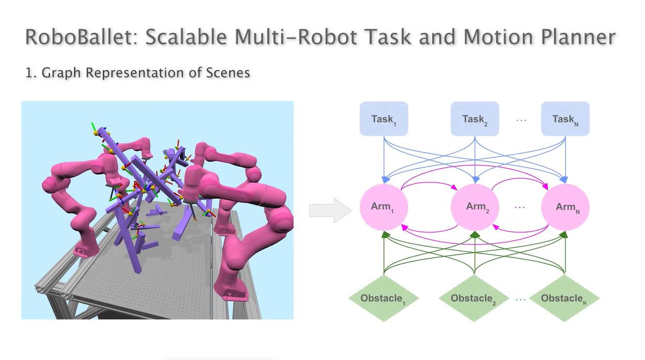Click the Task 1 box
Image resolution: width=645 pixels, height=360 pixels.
384,119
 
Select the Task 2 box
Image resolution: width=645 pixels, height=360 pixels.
475,119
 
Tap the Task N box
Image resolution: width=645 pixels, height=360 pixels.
565,119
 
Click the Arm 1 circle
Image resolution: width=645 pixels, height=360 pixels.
384,206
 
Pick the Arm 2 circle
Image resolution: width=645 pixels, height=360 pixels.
475,206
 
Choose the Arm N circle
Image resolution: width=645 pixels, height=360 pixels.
565,206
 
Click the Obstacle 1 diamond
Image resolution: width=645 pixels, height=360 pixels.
384,298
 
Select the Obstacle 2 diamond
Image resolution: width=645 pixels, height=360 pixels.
474,298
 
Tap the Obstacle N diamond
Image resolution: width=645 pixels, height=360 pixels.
565,298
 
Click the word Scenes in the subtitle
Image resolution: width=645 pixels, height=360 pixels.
230,73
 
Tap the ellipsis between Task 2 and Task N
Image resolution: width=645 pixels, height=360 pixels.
521,120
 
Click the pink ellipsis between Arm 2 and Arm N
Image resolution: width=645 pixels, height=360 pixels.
520,207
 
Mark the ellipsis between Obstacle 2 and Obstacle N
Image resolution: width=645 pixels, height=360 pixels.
520,299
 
